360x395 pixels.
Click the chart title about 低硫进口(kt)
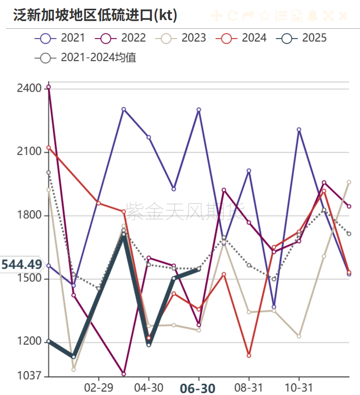95,15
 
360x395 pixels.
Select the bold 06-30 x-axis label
197,388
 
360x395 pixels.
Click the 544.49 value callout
22,265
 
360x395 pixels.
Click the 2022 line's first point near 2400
48,87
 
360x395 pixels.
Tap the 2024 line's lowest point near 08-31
248,355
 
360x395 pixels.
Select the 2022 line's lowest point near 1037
123,374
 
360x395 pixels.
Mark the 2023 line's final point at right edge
349,182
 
